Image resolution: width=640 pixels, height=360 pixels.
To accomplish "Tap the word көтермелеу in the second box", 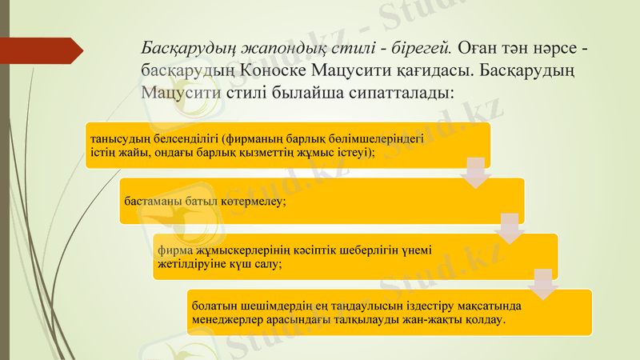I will pyautogui.click(x=254, y=202).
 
